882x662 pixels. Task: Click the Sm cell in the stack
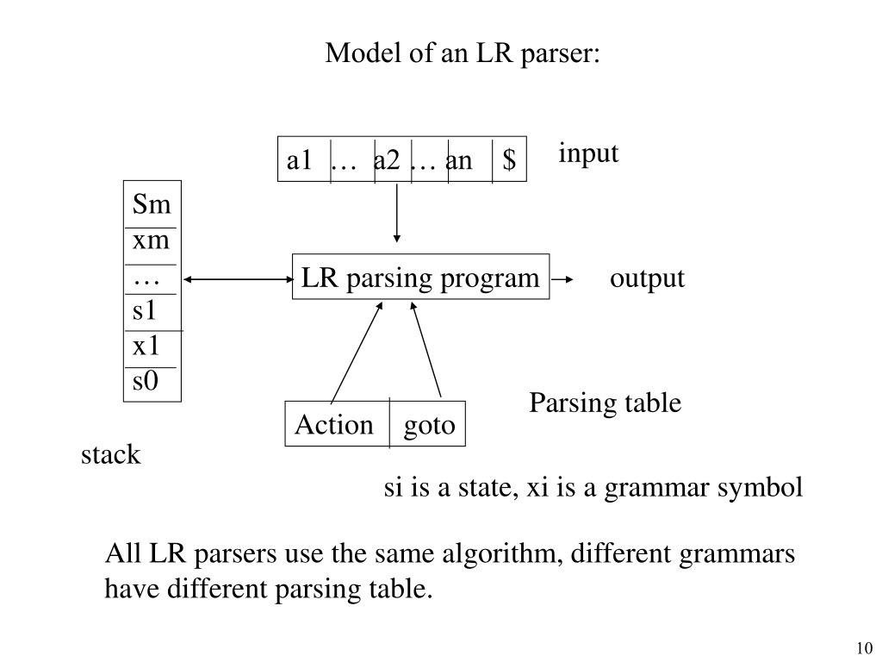tap(152, 204)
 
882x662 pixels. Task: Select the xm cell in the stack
tap(152, 246)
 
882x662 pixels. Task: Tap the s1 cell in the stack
tap(152, 312)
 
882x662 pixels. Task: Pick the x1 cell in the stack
tap(152, 349)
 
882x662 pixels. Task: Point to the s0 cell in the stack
tap(152, 384)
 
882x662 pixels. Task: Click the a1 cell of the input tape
tap(304, 159)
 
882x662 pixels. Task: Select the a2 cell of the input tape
tap(393, 159)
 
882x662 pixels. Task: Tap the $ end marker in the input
tap(509, 159)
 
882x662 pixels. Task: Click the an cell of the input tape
tap(470, 159)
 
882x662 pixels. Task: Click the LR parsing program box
tap(420, 277)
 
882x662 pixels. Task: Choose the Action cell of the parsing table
tap(337, 424)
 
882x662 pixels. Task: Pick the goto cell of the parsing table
tap(427, 424)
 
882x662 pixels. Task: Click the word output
tap(647, 278)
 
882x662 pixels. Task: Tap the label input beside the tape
tap(588, 153)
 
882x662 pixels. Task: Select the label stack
tap(111, 454)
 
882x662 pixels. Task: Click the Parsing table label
tap(606, 403)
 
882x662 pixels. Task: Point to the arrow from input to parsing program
tap(396, 212)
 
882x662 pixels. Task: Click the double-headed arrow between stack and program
tap(239, 279)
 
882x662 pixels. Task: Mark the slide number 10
tap(865, 648)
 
